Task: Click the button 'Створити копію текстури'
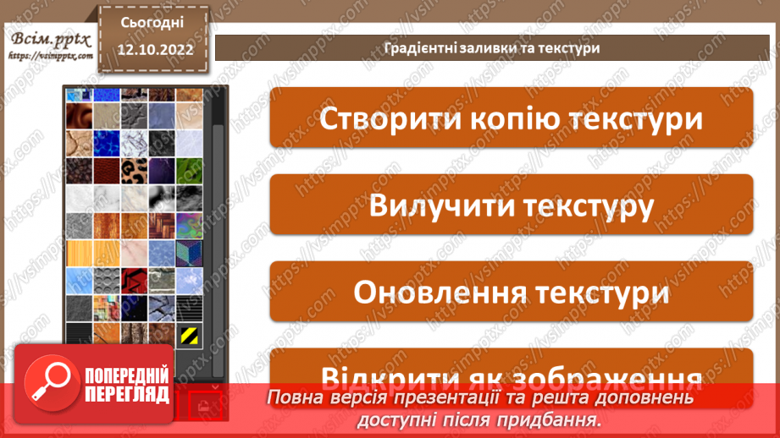pyautogui.click(x=511, y=118)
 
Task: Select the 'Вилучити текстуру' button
pyautogui.click(x=511, y=205)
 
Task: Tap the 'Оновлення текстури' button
pyautogui.click(x=511, y=292)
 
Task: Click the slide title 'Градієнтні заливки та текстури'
pyautogui.click(x=491, y=47)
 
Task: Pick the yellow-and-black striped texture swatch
pyautogui.click(x=188, y=336)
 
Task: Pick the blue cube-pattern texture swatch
pyautogui.click(x=188, y=253)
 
